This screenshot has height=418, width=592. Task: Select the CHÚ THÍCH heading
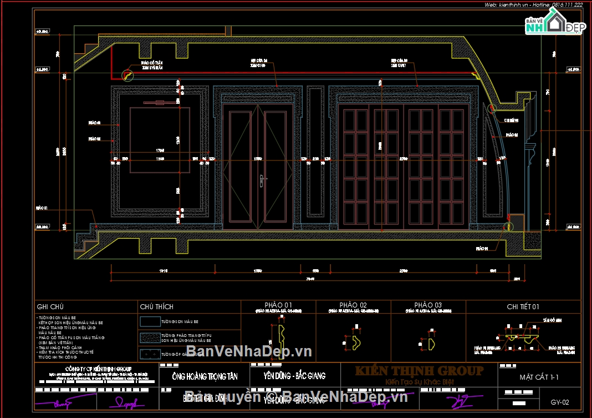point(156,306)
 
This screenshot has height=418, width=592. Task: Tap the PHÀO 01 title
point(278,305)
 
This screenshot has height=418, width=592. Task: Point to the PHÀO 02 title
point(353,305)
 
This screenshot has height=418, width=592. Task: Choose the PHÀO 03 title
point(428,305)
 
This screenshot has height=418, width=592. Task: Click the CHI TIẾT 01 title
point(523,306)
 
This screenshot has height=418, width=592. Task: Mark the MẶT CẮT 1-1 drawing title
point(539,377)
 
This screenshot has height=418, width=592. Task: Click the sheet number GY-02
point(560,402)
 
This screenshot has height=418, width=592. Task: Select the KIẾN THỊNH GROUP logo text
point(419,371)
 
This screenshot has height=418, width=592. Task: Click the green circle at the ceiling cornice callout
point(128,74)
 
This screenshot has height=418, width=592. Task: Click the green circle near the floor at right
point(508,226)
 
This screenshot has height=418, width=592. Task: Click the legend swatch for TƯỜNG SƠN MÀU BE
point(150,321)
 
